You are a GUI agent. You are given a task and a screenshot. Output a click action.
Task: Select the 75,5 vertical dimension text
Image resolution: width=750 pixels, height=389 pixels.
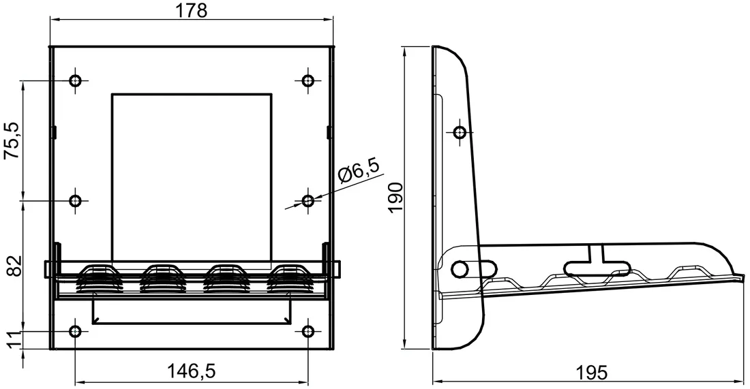pyautogui.click(x=13, y=140)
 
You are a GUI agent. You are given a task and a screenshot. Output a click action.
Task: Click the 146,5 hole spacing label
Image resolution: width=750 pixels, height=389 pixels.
pyautogui.click(x=192, y=371)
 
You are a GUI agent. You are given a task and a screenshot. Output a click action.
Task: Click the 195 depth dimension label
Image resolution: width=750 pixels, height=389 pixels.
pyautogui.click(x=591, y=372)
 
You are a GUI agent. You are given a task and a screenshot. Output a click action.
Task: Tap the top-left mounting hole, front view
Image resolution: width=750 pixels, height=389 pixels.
pyautogui.click(x=75, y=80)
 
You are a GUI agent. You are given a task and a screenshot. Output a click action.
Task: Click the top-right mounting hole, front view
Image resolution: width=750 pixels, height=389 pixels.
pyautogui.click(x=308, y=80)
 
